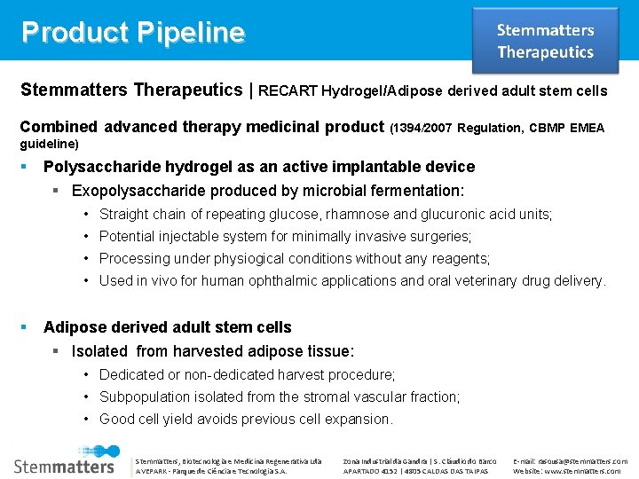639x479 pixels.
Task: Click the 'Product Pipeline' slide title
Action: point(133,32)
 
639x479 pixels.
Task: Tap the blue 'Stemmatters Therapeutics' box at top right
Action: point(545,41)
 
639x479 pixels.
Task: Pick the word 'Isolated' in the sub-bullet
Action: point(99,351)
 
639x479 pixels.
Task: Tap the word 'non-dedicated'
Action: point(211,374)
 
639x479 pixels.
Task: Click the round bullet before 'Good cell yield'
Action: point(88,419)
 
